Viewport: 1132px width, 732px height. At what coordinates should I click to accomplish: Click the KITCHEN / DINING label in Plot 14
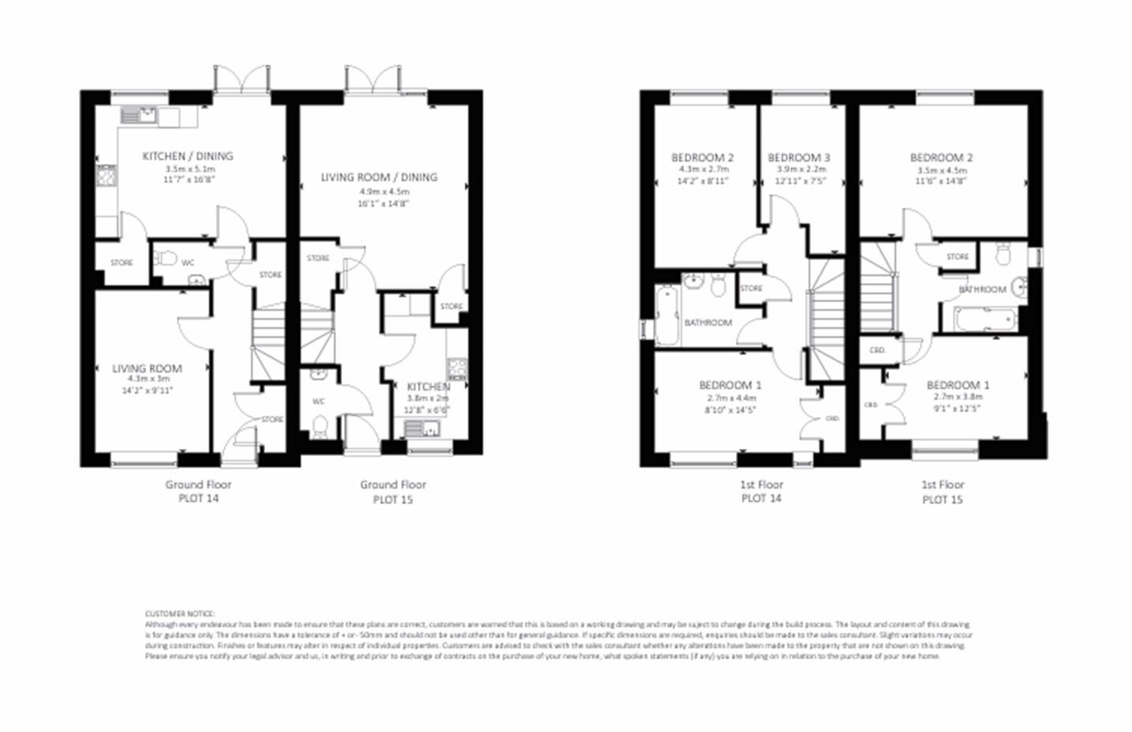(x=188, y=156)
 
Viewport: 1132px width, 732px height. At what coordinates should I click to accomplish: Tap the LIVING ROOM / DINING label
(x=379, y=177)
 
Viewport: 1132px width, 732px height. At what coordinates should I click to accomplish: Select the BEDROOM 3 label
(x=798, y=158)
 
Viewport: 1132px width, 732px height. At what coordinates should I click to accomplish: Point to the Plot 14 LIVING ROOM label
(x=147, y=368)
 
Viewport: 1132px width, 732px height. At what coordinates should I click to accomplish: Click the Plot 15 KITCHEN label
(x=428, y=387)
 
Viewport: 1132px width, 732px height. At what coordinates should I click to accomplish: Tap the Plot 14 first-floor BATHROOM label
(x=708, y=323)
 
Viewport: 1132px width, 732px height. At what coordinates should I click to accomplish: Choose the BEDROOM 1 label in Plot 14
(x=730, y=386)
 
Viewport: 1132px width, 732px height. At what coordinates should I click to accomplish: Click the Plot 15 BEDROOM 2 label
(x=941, y=158)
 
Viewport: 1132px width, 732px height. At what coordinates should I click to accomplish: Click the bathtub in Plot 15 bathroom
(x=984, y=319)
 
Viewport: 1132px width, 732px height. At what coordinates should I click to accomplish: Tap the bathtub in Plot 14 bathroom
(x=667, y=316)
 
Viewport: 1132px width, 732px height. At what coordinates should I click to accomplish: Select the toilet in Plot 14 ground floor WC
(x=165, y=258)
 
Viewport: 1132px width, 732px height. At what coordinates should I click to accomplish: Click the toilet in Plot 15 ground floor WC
(x=319, y=427)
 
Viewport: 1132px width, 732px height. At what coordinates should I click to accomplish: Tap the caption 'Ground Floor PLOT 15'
(x=393, y=491)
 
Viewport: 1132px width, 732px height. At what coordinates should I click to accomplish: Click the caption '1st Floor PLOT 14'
(x=761, y=491)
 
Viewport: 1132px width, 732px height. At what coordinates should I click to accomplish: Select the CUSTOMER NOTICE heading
(x=179, y=614)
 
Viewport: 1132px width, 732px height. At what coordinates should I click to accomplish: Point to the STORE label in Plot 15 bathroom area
(x=957, y=257)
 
